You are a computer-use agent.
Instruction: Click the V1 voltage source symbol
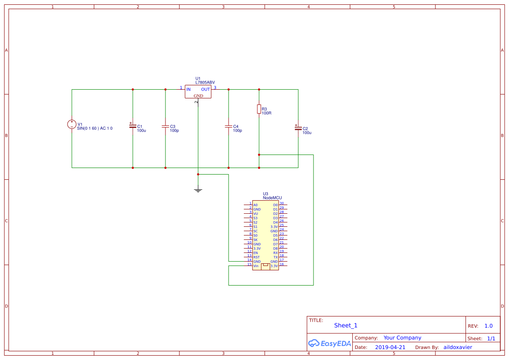pos(72,124)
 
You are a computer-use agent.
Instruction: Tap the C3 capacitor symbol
pos(165,126)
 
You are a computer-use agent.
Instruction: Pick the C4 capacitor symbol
pos(228,126)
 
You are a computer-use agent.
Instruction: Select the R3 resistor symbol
pos(259,109)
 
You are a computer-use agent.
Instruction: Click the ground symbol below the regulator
pos(198,189)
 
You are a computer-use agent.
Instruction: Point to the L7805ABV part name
pos(205,82)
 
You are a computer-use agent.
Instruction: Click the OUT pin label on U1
pos(206,90)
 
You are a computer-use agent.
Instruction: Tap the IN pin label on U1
pos(189,90)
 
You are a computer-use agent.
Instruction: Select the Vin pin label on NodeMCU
pos(256,266)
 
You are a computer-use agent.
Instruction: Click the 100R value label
pos(266,113)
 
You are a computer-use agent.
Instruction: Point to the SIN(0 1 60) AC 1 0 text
pos(94,128)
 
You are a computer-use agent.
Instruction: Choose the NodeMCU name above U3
pos(272,198)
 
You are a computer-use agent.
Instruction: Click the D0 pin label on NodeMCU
pos(275,205)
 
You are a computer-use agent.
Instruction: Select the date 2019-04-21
pos(390,347)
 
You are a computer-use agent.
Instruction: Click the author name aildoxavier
pos(458,347)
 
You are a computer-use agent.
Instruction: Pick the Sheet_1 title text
pos(346,326)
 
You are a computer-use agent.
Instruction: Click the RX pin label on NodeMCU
pos(275,253)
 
